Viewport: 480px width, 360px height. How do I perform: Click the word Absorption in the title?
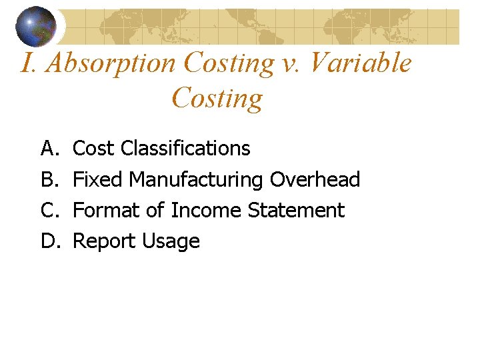coord(111,63)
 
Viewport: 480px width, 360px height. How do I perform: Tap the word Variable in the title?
coord(361,63)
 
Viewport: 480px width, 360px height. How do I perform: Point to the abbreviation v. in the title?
coord(293,63)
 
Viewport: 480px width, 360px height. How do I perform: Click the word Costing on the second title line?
coord(217,98)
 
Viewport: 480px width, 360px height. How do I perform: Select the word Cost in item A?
coord(94,148)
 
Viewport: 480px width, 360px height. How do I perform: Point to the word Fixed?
coord(98,179)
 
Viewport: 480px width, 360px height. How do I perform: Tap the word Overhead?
coord(315,179)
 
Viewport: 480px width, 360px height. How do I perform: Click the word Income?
coord(207,211)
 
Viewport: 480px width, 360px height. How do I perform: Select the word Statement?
coord(296,211)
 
